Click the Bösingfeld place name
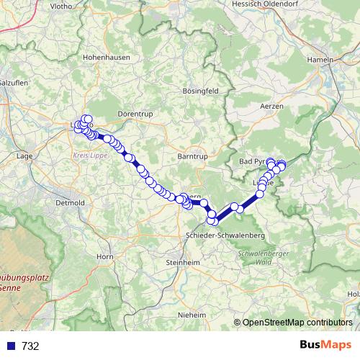click(x=204, y=91)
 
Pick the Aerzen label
click(x=271, y=106)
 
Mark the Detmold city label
click(x=70, y=203)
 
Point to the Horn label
click(x=105, y=256)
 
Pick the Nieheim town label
click(x=194, y=315)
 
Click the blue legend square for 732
click(x=12, y=346)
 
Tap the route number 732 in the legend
click(x=30, y=346)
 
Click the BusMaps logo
click(x=325, y=345)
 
